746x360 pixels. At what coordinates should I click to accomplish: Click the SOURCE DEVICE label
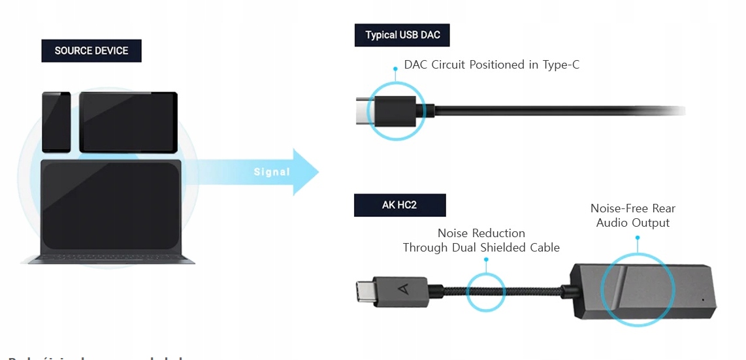coord(91,51)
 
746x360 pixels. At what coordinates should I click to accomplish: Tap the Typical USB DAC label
coord(402,35)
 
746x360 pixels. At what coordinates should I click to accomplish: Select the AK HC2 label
coord(399,205)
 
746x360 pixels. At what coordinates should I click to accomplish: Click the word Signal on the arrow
coord(272,172)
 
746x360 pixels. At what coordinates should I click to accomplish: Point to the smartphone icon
coord(56,122)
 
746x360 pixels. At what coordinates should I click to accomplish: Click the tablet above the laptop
coord(128,122)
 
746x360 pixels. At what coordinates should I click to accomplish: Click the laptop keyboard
coord(108,255)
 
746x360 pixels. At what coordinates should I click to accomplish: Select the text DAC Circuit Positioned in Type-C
coord(491,65)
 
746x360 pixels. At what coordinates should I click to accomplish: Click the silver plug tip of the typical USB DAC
coord(363,110)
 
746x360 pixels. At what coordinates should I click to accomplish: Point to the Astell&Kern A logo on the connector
coord(400,288)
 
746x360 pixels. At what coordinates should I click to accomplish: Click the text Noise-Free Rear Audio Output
coord(632,216)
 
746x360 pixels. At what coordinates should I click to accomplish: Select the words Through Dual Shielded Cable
coord(481,248)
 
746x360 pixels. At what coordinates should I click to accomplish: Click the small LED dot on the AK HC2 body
coord(703,301)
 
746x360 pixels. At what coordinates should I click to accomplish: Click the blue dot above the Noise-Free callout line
coord(638,237)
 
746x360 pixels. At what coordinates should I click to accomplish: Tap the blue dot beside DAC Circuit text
coord(395,68)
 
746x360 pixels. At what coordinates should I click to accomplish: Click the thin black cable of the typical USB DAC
coord(555,110)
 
